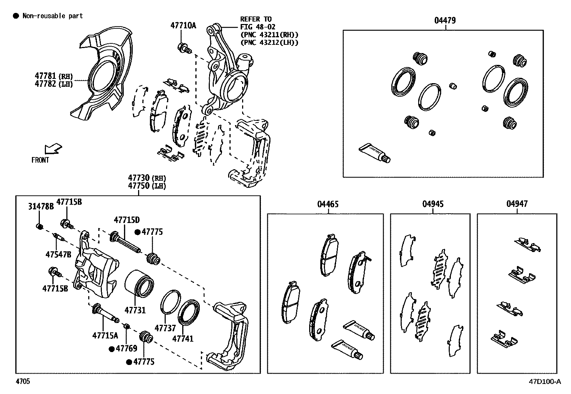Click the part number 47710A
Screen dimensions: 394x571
pyautogui.click(x=183, y=25)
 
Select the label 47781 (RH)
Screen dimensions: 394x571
pyautogui.click(x=54, y=76)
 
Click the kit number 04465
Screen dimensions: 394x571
pyautogui.click(x=327, y=204)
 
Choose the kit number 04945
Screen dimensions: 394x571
pyautogui.click(x=433, y=204)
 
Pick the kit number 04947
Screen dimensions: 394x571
pyautogui.click(x=517, y=204)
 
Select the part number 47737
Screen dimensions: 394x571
pyautogui.click(x=165, y=328)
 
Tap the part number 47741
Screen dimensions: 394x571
pyautogui.click(x=183, y=338)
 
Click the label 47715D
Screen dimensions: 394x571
pyautogui.click(x=127, y=220)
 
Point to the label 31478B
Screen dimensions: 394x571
pyautogui.click(x=41, y=207)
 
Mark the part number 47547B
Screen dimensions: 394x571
pyautogui.click(x=58, y=255)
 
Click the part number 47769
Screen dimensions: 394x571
pyautogui.click(x=126, y=348)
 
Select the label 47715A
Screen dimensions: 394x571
pyautogui.click(x=105, y=336)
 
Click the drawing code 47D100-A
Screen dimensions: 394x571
pyautogui.click(x=544, y=381)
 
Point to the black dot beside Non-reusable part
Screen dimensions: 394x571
pyautogui.click(x=15, y=16)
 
